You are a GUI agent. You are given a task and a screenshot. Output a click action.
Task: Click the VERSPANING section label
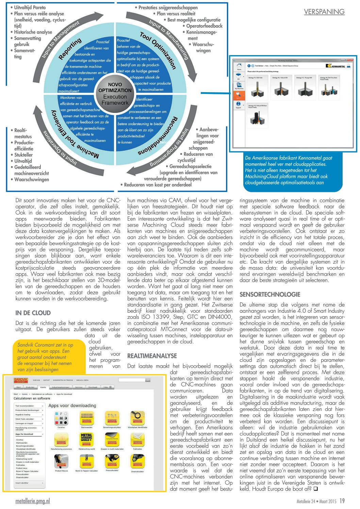[x=324, y=12]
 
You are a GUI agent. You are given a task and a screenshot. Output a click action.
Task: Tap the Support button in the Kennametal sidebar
[x=239, y=105]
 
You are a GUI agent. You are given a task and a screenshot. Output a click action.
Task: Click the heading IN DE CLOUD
[x=33, y=313]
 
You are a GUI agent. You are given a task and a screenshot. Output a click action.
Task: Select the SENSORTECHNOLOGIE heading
[x=270, y=295]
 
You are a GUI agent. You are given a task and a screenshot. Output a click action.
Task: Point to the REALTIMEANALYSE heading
[x=152, y=356]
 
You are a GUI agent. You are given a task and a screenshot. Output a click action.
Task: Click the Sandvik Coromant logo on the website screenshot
[x=21, y=380]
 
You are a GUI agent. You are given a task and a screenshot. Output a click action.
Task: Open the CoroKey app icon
[x=61, y=419]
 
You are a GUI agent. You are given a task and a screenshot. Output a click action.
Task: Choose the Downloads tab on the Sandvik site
[x=93, y=387]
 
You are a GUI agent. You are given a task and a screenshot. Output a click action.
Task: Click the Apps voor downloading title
[x=72, y=406]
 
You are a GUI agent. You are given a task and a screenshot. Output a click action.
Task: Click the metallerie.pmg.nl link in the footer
[x=32, y=501]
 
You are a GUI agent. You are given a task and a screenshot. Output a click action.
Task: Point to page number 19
[x=342, y=501]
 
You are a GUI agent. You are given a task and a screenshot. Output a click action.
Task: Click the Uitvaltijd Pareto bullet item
[x=30, y=7]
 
